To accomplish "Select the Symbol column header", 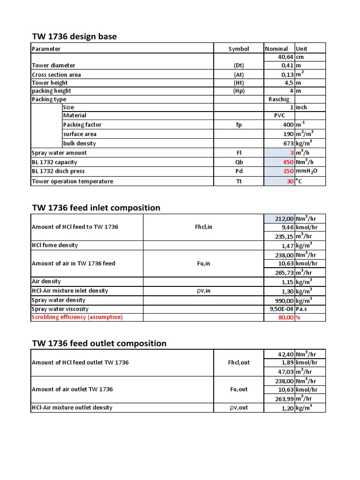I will pos(239,49).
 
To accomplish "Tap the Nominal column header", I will pos(276,49).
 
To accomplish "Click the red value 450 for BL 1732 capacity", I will pos(286,162).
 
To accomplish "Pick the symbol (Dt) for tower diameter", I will pos(239,66).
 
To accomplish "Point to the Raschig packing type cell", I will pos(279,99).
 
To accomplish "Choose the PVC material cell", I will pos(279,115).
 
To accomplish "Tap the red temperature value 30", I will pos(290,181).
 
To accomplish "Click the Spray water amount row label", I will pos(59,153).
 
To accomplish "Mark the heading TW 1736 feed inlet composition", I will pos(96,208).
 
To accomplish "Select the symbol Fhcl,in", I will pos(203,227).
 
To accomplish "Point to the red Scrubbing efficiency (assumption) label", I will pos(77,317).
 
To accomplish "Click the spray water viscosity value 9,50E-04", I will pos(279,309).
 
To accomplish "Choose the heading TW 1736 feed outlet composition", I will pos(99,343).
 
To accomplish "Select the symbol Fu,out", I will pos(239,390).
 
